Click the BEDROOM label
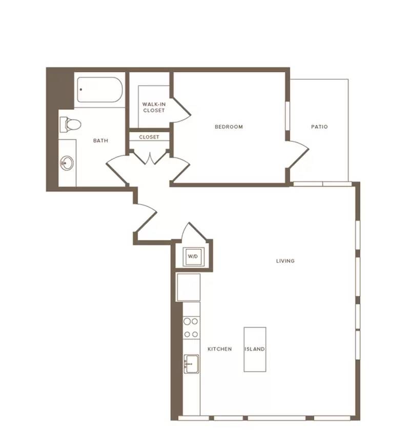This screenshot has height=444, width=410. click(x=229, y=127)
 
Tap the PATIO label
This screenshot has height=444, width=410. click(x=319, y=127)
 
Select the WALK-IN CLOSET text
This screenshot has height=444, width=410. click(x=154, y=108)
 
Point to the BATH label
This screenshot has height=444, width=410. click(x=100, y=140)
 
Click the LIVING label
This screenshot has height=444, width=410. click(x=285, y=261)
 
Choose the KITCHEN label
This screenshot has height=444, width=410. click(x=219, y=349)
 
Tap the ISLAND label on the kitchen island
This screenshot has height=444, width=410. click(x=255, y=349)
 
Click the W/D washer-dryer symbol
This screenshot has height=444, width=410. click(x=193, y=257)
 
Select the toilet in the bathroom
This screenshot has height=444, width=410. click(x=70, y=124)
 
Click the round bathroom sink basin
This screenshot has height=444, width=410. click(x=67, y=163)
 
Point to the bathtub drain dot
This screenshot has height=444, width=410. click(x=81, y=90)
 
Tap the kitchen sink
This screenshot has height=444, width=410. click(x=191, y=364)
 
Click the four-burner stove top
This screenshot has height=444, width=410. click(x=191, y=328)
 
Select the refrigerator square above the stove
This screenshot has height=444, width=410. click(x=189, y=287)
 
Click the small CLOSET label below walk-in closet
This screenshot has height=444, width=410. click(x=149, y=137)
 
